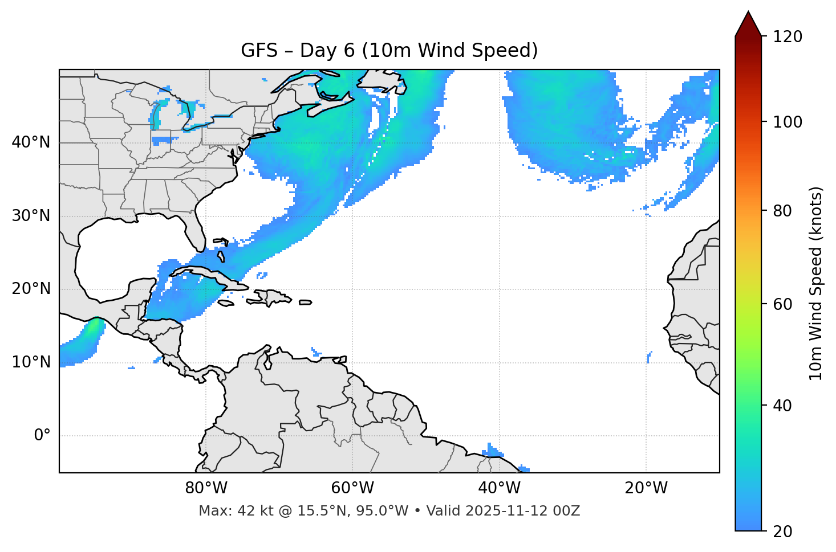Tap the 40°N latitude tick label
pos(31,142)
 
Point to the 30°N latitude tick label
pos(31,216)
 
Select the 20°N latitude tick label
pos(31,289)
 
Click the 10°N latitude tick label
pos(31,362)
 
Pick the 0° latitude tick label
pos(42,436)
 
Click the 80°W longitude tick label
pos(206,488)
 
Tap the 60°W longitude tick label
pos(352,488)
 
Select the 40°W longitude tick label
pos(500,488)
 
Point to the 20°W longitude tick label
pos(646,488)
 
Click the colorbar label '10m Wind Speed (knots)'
pos(816,283)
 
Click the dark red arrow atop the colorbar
pos(748,24)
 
